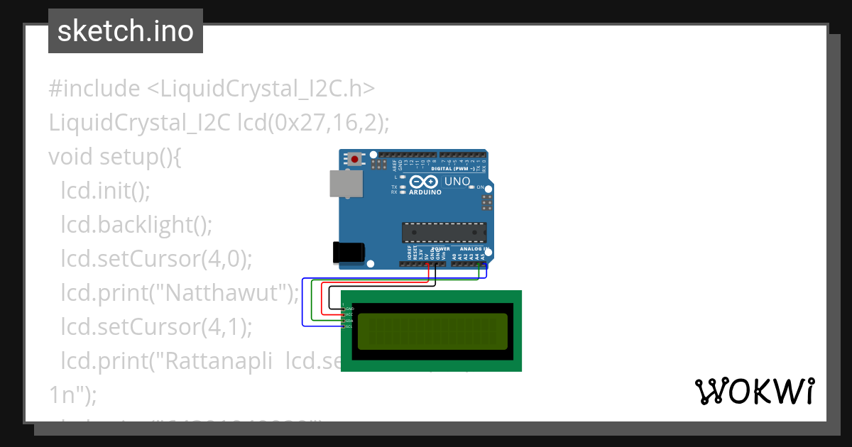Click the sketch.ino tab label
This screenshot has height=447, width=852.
click(x=126, y=31)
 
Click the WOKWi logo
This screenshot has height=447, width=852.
click(x=754, y=391)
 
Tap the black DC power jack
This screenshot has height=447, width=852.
click(x=349, y=252)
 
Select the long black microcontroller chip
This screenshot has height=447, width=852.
click(x=444, y=233)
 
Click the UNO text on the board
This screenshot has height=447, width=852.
click(x=457, y=182)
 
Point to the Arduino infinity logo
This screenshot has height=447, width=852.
click(x=425, y=182)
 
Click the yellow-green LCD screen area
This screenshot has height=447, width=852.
click(x=432, y=331)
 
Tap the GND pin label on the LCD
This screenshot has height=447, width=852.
click(x=349, y=309)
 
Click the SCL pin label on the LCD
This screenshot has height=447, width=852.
click(x=349, y=326)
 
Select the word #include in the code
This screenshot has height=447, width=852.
click(x=94, y=89)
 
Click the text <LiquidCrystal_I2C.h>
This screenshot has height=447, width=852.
click(x=261, y=89)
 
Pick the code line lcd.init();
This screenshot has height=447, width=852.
click(x=106, y=191)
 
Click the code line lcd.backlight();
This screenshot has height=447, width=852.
click(x=136, y=225)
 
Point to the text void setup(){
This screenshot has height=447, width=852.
click(x=115, y=157)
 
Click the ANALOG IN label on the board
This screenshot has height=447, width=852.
click(x=471, y=249)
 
